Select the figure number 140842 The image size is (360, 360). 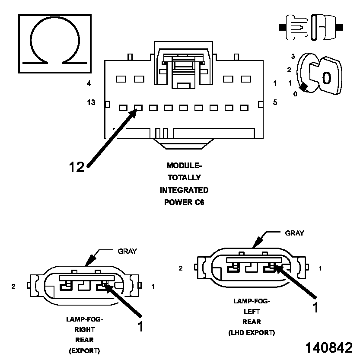tap(329, 348)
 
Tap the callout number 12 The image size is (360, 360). tap(76, 166)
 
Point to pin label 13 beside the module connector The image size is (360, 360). tap(91, 102)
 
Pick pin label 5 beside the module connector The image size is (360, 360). tap(275, 102)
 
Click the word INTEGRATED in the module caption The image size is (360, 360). tap(184, 190)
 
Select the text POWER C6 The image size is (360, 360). tap(184, 202)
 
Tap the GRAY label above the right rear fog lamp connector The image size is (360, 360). tap(127, 251)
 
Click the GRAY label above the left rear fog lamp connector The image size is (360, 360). tap(294, 233)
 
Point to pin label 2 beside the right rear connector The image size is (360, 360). tap(13, 286)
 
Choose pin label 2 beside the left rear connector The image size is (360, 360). tap(181, 268)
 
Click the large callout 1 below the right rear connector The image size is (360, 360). tap(140, 326)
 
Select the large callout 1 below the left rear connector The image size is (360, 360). tap(316, 307)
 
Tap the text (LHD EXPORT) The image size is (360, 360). tap(252, 333)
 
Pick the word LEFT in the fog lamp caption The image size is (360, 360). tap(252, 311)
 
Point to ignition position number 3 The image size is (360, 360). tap(293, 57)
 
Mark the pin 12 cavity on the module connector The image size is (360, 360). tap(138, 107)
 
